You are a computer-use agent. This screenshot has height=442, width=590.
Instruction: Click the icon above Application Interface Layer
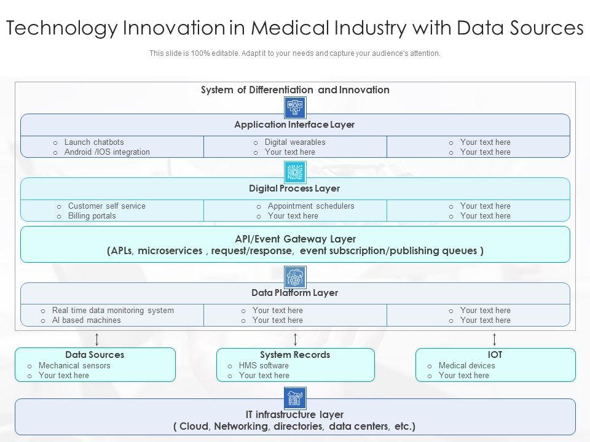point(296,107)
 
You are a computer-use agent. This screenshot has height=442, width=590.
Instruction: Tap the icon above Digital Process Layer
point(296,172)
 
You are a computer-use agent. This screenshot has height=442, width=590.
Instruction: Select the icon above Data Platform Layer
point(296,277)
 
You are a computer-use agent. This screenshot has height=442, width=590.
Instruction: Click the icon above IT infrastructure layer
point(296,398)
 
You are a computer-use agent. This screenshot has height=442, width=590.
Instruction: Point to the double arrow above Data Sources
point(96,339)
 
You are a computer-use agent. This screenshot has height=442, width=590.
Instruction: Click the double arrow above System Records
point(296,339)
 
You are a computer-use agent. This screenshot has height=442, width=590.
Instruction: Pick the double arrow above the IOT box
point(495,339)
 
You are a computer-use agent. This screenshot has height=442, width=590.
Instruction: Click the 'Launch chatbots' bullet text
point(94,142)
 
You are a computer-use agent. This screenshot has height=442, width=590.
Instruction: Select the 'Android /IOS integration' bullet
point(107,152)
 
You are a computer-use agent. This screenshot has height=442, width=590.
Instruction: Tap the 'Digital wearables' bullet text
point(295,142)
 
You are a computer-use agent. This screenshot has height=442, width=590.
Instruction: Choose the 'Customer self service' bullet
point(107,206)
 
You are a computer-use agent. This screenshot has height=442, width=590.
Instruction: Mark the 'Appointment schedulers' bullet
point(311,206)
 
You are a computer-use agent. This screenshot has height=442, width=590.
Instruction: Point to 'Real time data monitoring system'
point(113,311)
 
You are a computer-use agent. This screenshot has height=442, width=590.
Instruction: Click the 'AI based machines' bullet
point(87,320)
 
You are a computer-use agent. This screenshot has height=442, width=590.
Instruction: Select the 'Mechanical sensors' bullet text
point(74,366)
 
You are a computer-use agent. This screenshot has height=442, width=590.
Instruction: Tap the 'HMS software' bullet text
point(264,366)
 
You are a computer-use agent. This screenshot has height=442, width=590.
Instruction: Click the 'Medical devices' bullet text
point(467,366)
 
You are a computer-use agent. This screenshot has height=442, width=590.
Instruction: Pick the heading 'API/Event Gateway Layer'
point(296,239)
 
